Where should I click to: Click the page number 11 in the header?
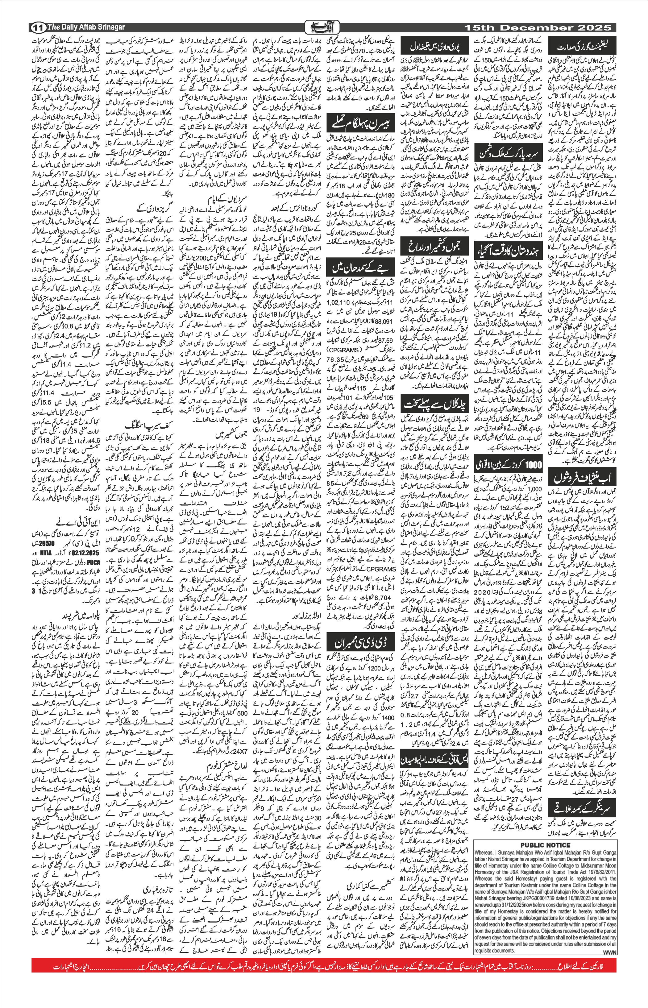[x=37, y=28]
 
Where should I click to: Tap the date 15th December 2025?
[x=537, y=28]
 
